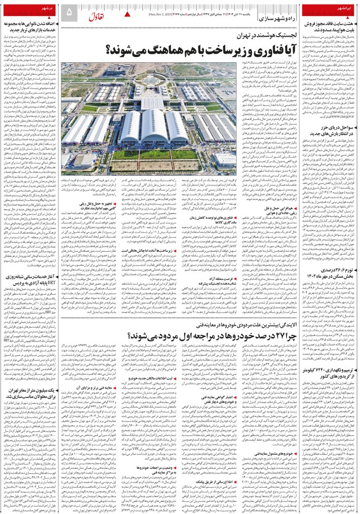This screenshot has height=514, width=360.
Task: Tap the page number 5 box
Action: [x=69, y=11]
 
